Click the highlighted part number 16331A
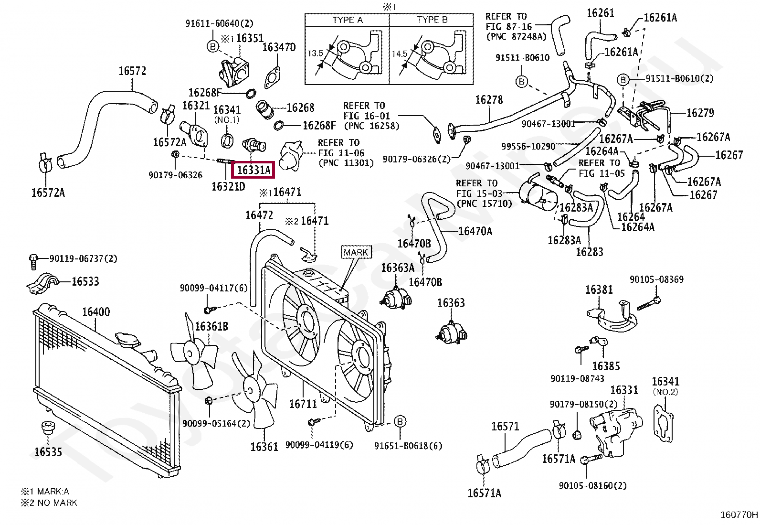pos(253,170)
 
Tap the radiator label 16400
pos(95,312)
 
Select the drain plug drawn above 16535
pos(48,428)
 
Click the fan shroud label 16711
pos(303,404)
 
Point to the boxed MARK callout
pos(356,252)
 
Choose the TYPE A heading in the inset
pos(348,20)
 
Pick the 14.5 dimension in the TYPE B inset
pos(400,54)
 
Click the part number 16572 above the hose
pos(132,71)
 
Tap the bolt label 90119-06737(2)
pos(83,258)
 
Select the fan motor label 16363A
pos(398,268)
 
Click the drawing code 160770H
pos(739,515)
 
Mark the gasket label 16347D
pos(279,47)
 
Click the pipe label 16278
pos(489,99)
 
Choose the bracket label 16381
pos(599,289)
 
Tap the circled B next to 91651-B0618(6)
pos(400,421)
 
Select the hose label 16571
pos(505,426)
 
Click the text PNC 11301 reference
pos(346,163)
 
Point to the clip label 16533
pos(85,281)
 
